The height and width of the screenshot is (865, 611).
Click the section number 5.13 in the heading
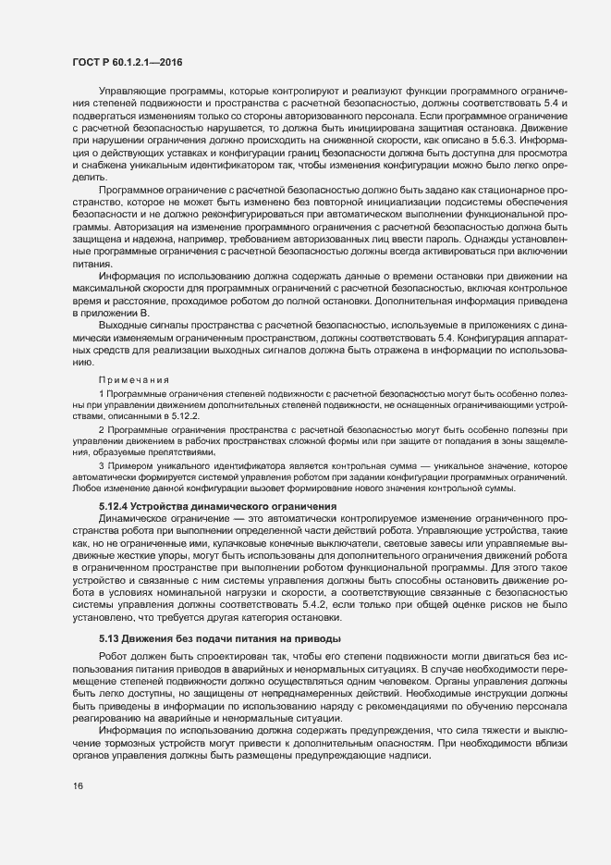tap(109, 639)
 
